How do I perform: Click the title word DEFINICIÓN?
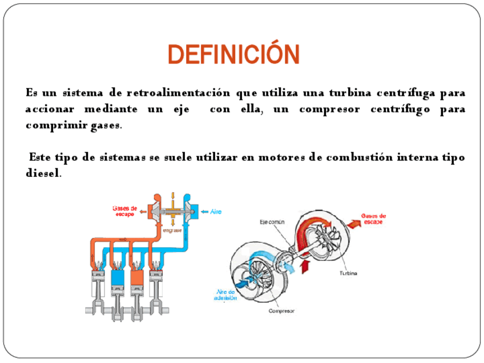click(234, 55)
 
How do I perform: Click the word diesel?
click(42, 174)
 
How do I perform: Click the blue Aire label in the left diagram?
click(215, 211)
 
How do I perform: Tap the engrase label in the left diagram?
click(172, 231)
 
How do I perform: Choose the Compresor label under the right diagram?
click(281, 311)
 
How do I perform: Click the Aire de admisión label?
click(225, 295)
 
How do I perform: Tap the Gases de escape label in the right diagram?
click(374, 219)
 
